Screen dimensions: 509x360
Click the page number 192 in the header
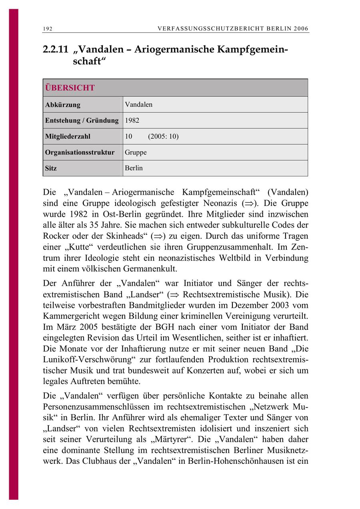(x=48, y=29)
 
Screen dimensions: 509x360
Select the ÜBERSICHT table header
(x=70, y=88)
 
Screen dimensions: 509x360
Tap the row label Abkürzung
(x=63, y=105)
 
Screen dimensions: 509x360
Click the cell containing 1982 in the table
(x=132, y=120)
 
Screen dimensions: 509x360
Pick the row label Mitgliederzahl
(x=68, y=136)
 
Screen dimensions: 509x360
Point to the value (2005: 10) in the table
(x=163, y=136)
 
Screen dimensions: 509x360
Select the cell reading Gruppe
(x=136, y=152)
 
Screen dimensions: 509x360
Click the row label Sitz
(x=51, y=168)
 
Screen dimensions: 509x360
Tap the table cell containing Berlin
(x=134, y=168)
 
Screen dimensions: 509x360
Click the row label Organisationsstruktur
(x=80, y=152)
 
